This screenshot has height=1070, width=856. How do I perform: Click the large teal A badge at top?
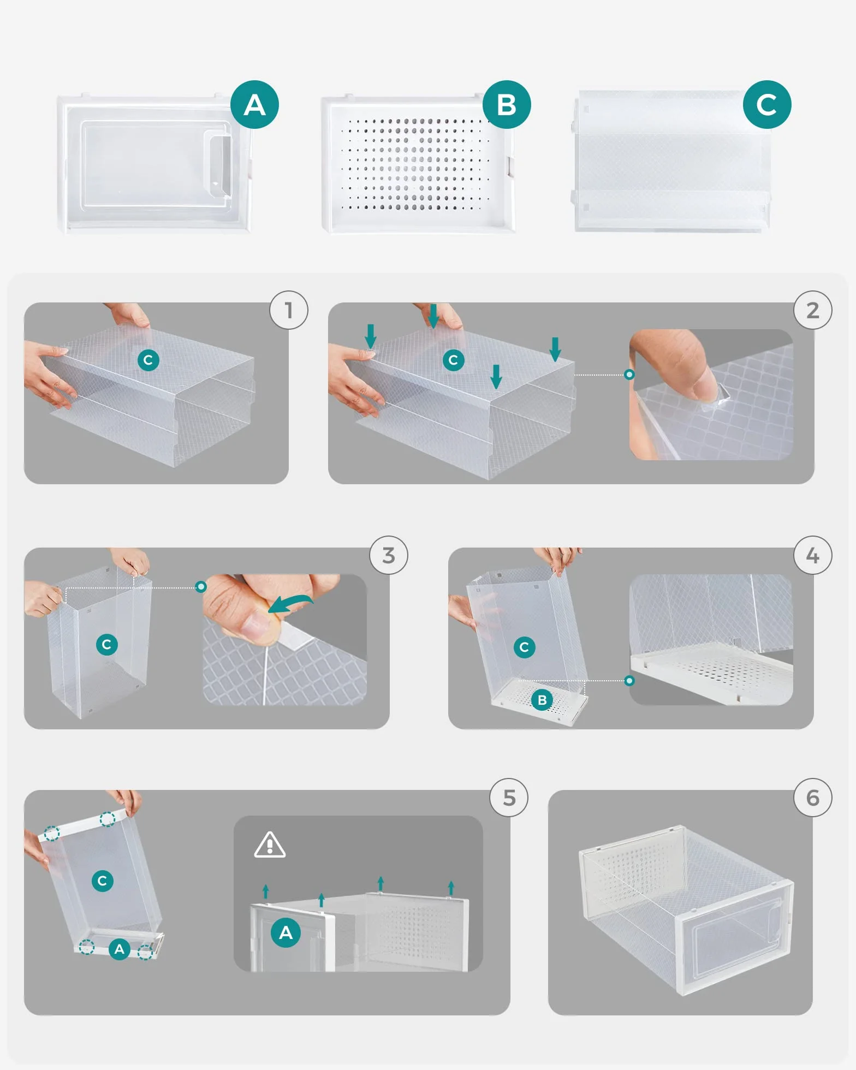pyautogui.click(x=254, y=105)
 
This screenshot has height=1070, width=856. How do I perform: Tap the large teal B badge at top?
pyautogui.click(x=507, y=105)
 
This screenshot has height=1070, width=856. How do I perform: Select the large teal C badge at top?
pyautogui.click(x=767, y=105)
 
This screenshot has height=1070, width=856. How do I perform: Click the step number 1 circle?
pyautogui.click(x=289, y=310)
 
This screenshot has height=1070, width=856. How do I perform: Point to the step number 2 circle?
pyautogui.click(x=813, y=310)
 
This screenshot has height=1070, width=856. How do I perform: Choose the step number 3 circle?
pyautogui.click(x=389, y=555)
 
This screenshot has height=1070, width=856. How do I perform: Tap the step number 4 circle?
pyautogui.click(x=813, y=555)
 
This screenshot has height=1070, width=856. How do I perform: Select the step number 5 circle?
pyautogui.click(x=509, y=798)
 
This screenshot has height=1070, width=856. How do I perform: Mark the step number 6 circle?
pyautogui.click(x=813, y=798)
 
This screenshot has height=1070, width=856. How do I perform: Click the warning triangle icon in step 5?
pyautogui.click(x=270, y=846)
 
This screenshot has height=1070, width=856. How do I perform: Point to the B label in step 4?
pyautogui.click(x=542, y=700)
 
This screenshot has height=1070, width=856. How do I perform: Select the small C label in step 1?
pyautogui.click(x=148, y=360)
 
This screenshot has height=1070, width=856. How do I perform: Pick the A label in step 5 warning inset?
pyautogui.click(x=286, y=932)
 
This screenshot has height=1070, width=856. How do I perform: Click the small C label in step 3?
pyautogui.click(x=106, y=645)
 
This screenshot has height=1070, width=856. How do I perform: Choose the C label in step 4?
pyautogui.click(x=524, y=647)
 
